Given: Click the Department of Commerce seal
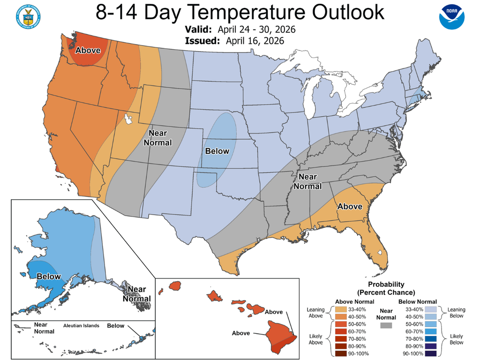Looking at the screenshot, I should coord(28,17).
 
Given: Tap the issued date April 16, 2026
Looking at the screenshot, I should coord(254,41).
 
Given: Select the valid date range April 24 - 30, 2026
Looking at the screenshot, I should coord(260,30).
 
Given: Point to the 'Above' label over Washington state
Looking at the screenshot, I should coord(88,50).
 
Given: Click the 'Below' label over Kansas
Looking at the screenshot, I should coord(217,151).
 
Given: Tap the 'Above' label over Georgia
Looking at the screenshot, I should coord(350,206).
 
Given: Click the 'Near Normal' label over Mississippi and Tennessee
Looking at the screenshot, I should coord(307,181).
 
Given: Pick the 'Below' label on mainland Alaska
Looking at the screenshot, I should coord(49,276).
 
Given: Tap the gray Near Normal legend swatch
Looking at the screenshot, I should coord(386,325).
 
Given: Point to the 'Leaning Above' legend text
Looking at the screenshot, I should coord(315,313).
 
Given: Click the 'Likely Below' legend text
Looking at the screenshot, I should coord(456,339).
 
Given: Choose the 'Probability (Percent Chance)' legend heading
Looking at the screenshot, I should coord(386,288).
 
